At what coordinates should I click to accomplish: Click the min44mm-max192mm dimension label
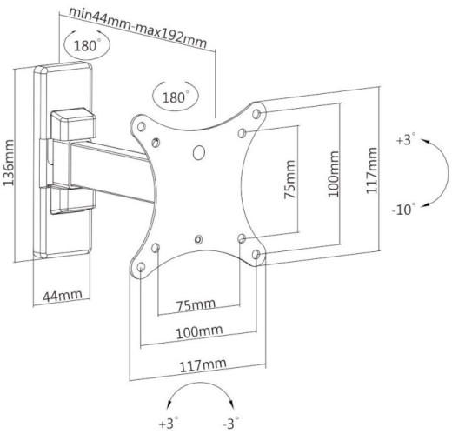tap(138, 28)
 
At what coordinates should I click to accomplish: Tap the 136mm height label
tap(9, 163)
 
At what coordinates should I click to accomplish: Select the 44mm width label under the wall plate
tap(63, 296)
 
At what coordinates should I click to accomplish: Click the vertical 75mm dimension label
tap(290, 180)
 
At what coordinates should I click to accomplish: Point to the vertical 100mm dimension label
tap(333, 174)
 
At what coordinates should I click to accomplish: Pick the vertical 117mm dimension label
tap(372, 170)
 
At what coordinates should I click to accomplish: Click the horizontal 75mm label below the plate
tap(196, 304)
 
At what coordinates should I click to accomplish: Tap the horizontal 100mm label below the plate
tap(200, 332)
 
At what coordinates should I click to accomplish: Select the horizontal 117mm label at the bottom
tap(203, 365)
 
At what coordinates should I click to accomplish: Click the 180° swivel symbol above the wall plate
tap(87, 44)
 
